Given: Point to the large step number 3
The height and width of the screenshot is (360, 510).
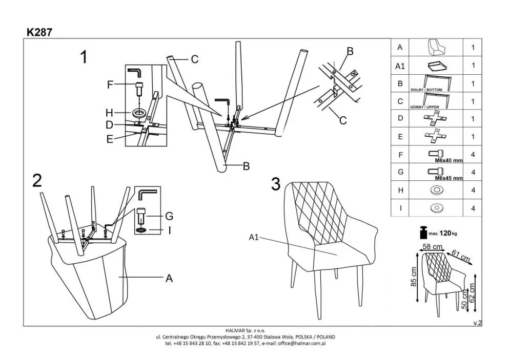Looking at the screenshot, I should point(276,183).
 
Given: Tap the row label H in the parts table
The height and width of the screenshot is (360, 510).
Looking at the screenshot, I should point(400,190).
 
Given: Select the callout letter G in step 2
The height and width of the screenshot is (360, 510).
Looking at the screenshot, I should point(169,216).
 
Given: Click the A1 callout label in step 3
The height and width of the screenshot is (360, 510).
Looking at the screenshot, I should point(255,237).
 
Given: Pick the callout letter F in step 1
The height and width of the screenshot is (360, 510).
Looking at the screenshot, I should point(109,85).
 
